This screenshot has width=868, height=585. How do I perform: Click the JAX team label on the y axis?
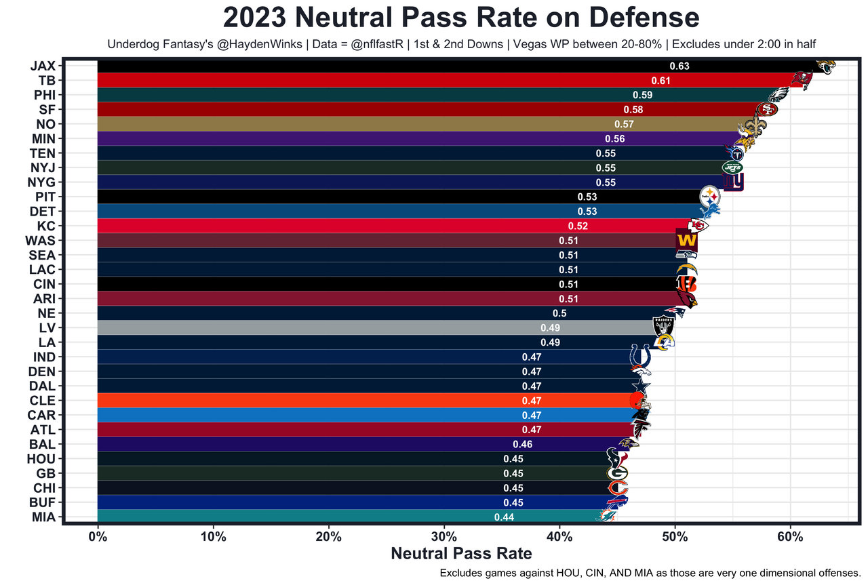click(43, 66)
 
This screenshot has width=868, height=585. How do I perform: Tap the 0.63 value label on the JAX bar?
click(679, 66)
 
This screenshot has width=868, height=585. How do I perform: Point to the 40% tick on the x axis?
click(559, 537)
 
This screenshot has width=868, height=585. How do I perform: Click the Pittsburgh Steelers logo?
click(710, 197)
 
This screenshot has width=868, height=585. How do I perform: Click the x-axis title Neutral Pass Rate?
click(461, 553)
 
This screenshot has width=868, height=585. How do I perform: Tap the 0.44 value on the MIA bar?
click(504, 517)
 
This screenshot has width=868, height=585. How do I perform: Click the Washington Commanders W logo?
click(686, 241)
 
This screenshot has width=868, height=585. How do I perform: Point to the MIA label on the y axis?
click(43, 517)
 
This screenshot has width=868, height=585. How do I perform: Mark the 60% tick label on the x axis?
click(790, 537)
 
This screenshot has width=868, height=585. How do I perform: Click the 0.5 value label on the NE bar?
click(559, 313)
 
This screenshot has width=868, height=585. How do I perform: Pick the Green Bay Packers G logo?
click(617, 473)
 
